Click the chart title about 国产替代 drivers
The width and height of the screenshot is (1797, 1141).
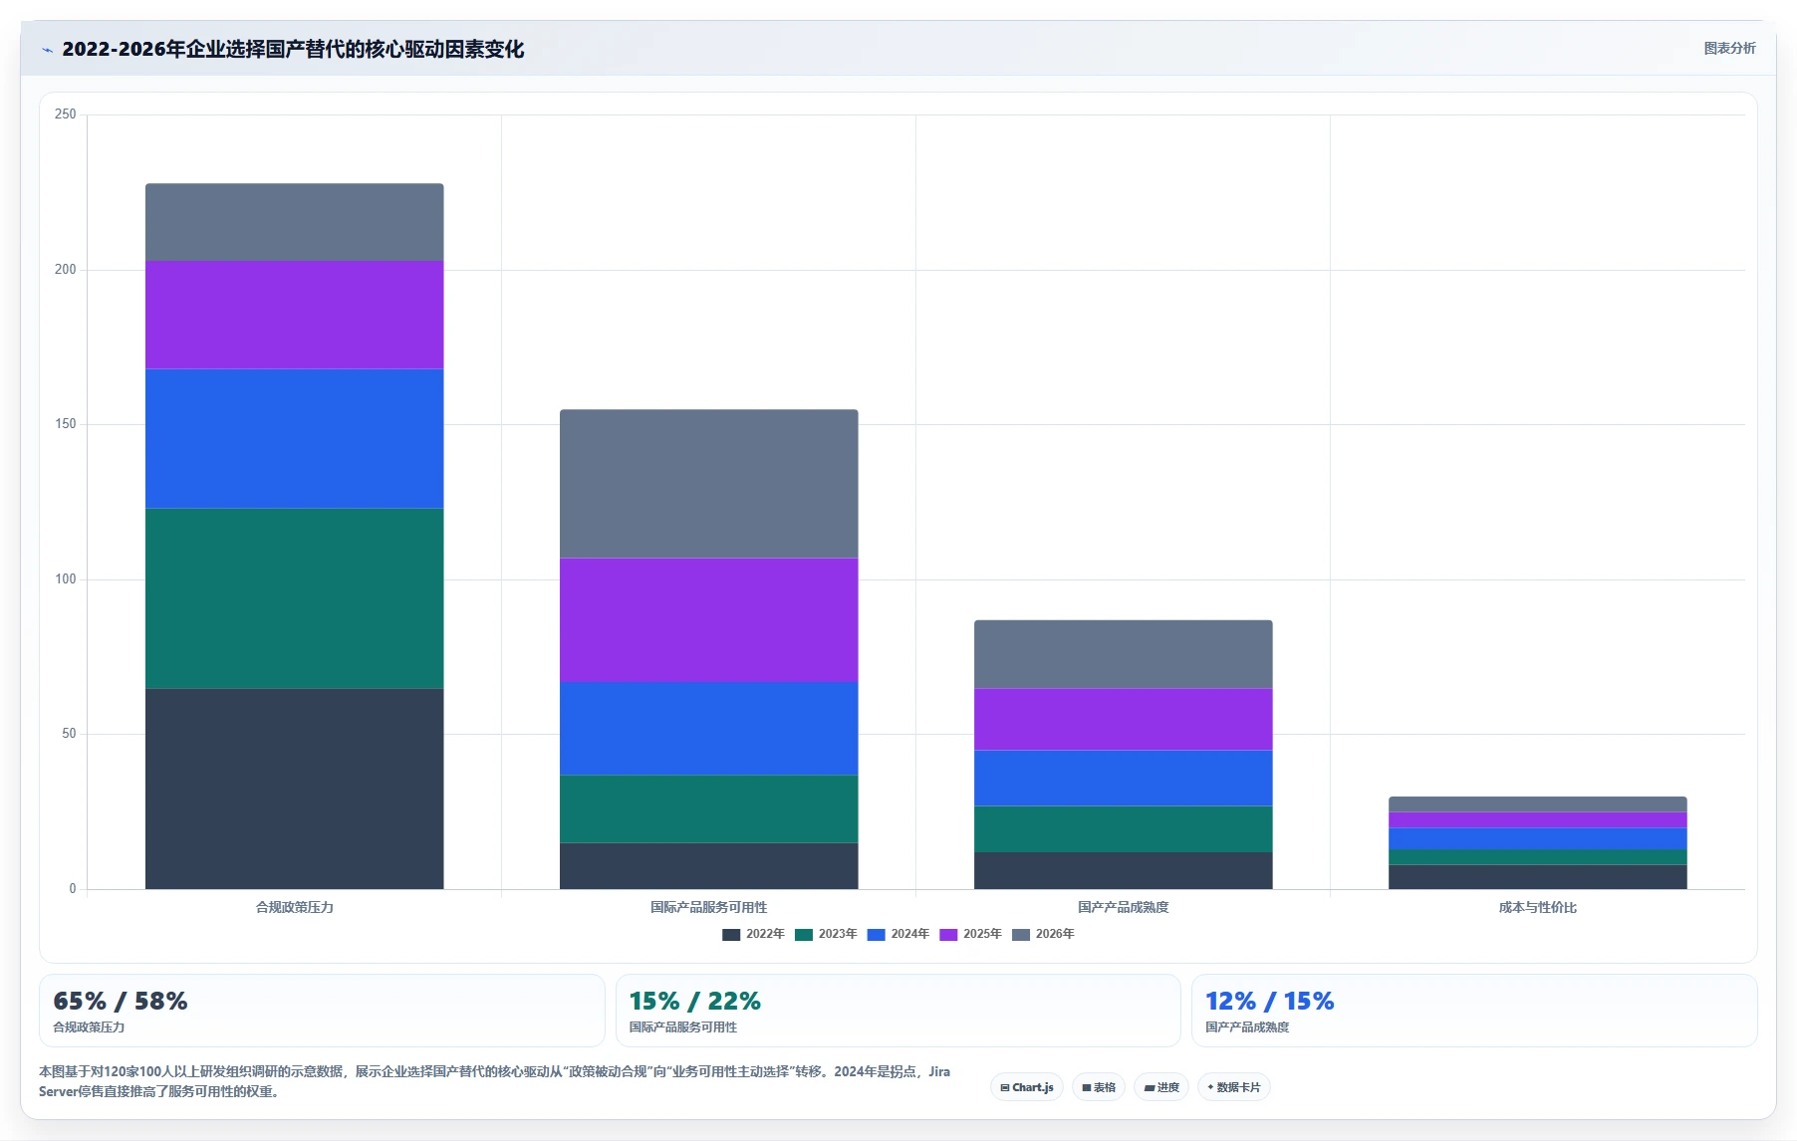[293, 49]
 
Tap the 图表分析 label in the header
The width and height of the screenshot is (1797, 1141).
[1729, 48]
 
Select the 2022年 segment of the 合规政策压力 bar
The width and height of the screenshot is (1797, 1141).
[295, 789]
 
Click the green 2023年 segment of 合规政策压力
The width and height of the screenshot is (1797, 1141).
[295, 598]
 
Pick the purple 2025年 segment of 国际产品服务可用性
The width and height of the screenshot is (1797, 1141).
[709, 619]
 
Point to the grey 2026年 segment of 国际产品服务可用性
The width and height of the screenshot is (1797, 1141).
[709, 484]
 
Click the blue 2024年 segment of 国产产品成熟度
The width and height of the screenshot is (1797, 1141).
[1124, 778]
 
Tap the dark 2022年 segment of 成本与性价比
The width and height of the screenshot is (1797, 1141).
[1538, 876]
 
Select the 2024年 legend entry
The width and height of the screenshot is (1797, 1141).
[898, 934]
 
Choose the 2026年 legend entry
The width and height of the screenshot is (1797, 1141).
[1043, 934]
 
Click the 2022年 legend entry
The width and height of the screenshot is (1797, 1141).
[753, 934]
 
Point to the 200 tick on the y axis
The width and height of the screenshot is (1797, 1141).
[66, 269]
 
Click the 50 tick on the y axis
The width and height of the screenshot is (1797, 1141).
[69, 734]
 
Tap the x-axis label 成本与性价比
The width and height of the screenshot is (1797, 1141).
[1538, 907]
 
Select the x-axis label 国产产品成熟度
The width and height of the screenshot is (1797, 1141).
[1124, 907]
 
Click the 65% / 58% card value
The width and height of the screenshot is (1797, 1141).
[121, 1001]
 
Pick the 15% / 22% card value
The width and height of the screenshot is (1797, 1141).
[695, 1001]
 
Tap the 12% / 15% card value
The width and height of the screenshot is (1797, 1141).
[1270, 1001]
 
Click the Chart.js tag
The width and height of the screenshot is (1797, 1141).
[1027, 1087]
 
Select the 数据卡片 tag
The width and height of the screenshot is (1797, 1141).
[1234, 1087]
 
